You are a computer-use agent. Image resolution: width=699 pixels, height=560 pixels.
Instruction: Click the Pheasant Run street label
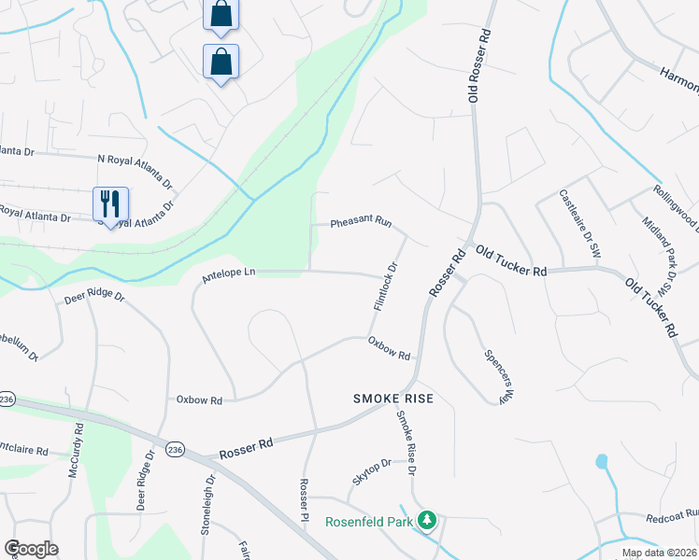coord(361,223)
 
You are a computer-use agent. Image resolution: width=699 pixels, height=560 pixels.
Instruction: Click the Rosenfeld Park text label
coord(368,522)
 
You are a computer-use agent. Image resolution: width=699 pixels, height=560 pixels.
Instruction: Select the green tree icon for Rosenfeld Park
coord(427,519)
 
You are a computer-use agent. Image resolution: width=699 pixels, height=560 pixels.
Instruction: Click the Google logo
coord(31,549)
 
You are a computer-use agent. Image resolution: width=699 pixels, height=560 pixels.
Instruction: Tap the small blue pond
coord(601,461)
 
